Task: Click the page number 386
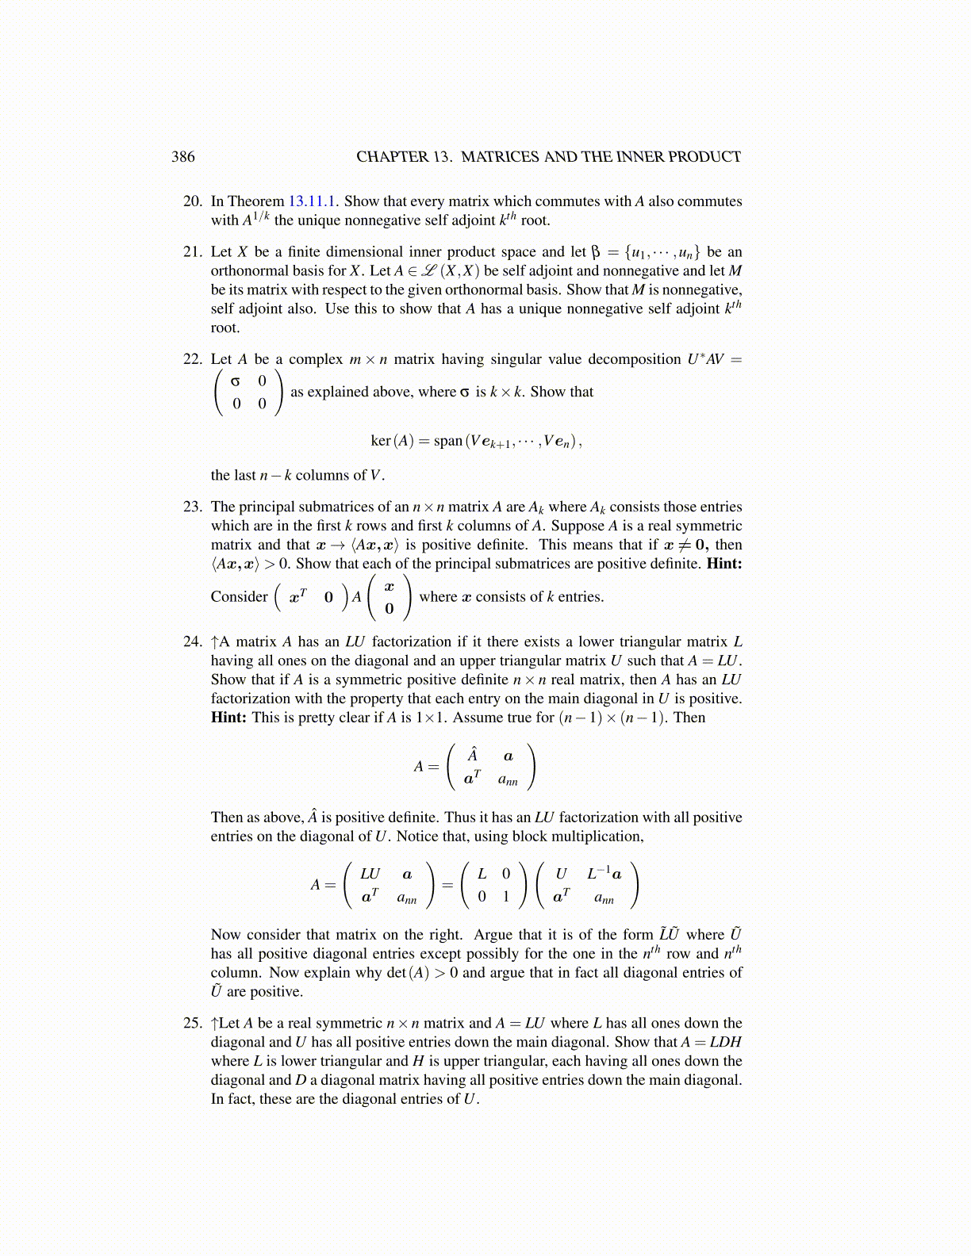point(182,156)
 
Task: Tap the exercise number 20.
point(193,201)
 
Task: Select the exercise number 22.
point(193,359)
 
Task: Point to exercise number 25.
point(193,1023)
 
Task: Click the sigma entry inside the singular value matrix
point(235,381)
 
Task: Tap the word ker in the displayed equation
point(381,440)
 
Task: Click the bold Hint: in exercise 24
point(229,718)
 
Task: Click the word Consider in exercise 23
point(239,596)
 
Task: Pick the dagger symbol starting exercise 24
point(215,641)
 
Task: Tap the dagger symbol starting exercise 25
point(215,1023)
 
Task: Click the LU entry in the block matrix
point(370,874)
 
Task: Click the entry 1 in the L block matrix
point(506,897)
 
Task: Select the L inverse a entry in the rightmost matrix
point(604,874)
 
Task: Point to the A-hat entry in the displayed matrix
point(472,755)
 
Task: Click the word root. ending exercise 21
point(225,328)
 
